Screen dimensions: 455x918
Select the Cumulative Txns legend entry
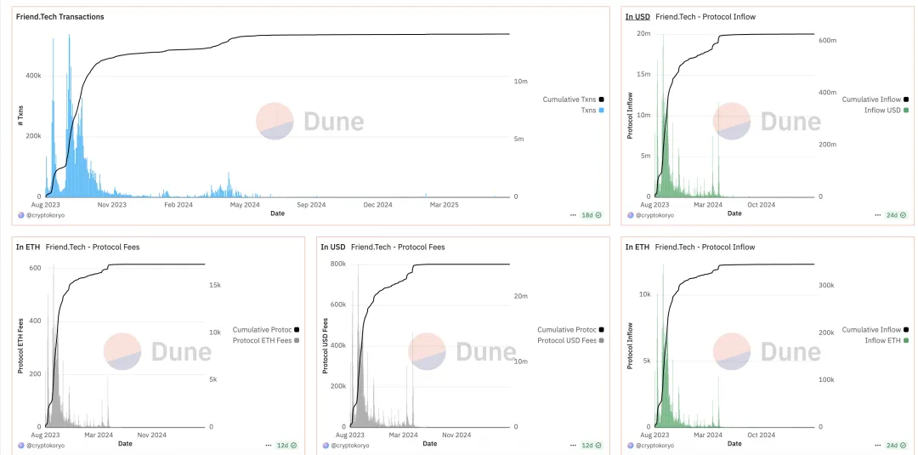pyautogui.click(x=570, y=100)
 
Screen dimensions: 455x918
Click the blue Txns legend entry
pyautogui.click(x=588, y=111)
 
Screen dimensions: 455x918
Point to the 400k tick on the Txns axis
pyautogui.click(x=32, y=75)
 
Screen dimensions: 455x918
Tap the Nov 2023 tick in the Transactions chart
pyautogui.click(x=112, y=204)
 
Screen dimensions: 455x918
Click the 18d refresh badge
pyautogui.click(x=586, y=215)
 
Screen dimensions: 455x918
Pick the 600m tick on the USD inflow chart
pyautogui.click(x=826, y=40)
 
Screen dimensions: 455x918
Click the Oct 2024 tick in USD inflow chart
pyautogui.click(x=761, y=204)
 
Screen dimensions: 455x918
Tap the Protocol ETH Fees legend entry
pyautogui.click(x=262, y=340)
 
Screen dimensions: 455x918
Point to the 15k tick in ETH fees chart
pyautogui.click(x=217, y=286)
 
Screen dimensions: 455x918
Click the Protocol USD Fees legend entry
pyautogui.click(x=567, y=340)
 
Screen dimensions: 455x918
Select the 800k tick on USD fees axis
pyautogui.click(x=337, y=264)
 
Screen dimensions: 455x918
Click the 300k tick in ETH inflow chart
pyautogui.click(x=826, y=286)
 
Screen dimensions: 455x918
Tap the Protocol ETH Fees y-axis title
pyautogui.click(x=20, y=345)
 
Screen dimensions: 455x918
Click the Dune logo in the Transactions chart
pyautogui.click(x=310, y=122)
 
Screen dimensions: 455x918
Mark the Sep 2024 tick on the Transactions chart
pyautogui.click(x=311, y=204)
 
